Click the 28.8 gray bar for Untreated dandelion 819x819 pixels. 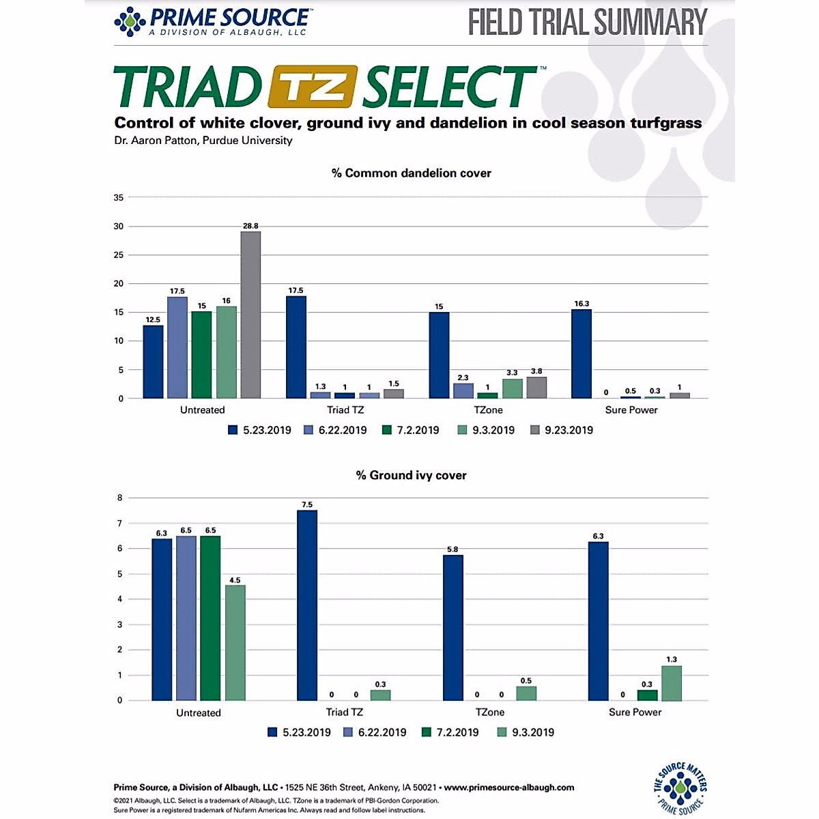250,315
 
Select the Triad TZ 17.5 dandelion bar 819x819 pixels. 296,347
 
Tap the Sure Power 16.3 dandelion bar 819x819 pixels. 581,354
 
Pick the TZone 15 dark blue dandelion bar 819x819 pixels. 439,355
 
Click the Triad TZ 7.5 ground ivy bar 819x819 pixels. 307,605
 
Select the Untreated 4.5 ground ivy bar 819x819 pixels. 235,642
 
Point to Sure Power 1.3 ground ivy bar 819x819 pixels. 672,683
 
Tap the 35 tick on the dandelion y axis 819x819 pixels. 119,198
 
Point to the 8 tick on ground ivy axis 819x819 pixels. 120,498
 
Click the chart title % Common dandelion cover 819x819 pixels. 411,173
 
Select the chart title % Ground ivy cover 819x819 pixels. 411,476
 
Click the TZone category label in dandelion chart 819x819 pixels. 488,410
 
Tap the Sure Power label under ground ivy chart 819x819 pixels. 635,713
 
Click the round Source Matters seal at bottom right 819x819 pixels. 680,788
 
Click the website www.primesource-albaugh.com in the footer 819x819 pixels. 509,787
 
